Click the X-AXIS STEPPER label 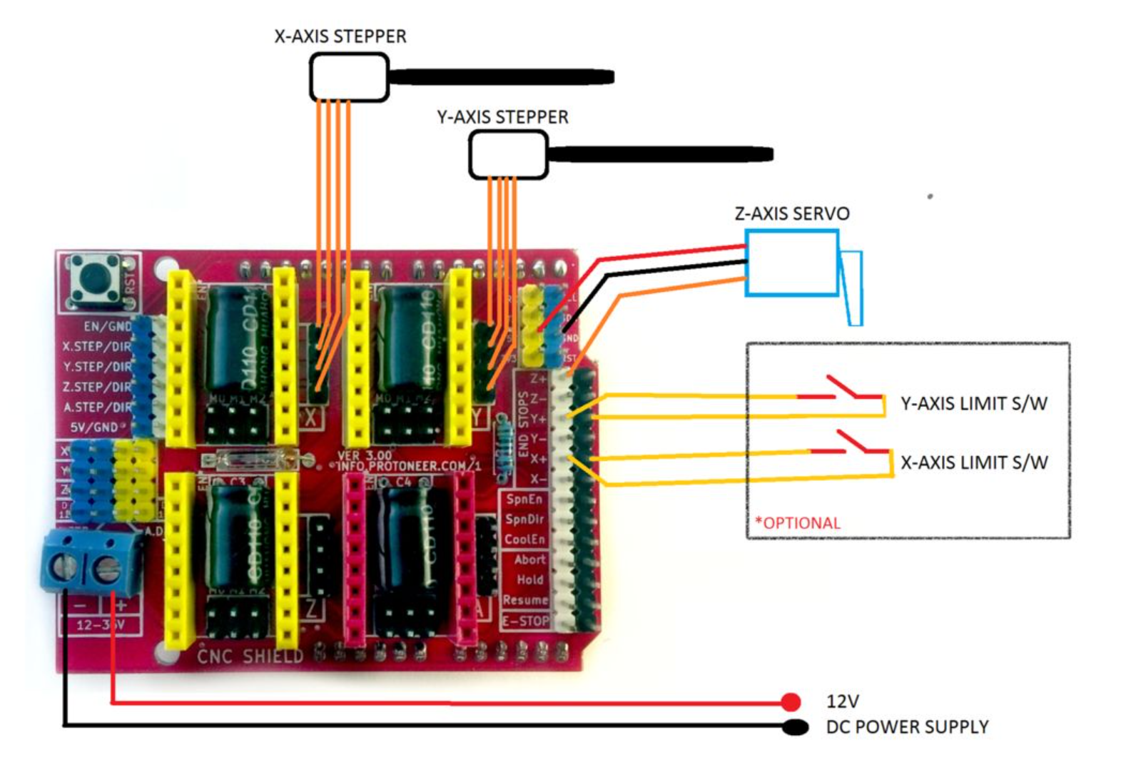pos(340,36)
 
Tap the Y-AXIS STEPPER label pos(502,117)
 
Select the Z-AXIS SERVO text pos(792,213)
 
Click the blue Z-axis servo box pos(791,263)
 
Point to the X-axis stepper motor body pos(349,77)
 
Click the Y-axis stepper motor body pos(508,155)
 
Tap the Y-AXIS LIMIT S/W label pos(973,404)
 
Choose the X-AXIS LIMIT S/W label pos(973,463)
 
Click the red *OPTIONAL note pos(798,523)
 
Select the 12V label pos(842,701)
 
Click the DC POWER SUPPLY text pos(907,727)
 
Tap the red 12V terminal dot pos(791,702)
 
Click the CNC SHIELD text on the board pos(250,656)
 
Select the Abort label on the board pos(529,560)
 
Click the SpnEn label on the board pos(524,500)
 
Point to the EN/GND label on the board pos(107,326)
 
